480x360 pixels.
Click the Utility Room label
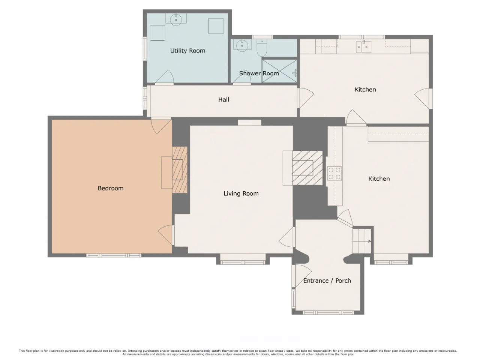click(x=187, y=51)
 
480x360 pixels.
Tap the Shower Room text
click(x=259, y=73)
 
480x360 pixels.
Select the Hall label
click(x=223, y=100)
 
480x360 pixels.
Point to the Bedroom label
click(x=110, y=188)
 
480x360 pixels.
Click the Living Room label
click(x=241, y=193)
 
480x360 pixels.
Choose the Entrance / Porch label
click(x=327, y=280)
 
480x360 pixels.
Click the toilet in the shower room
click(x=262, y=48)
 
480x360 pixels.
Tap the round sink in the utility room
click(x=176, y=19)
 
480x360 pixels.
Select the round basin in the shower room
click(x=242, y=45)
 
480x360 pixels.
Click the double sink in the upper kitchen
click(x=363, y=47)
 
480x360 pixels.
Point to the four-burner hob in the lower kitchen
click(x=334, y=173)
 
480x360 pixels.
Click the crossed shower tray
click(x=279, y=71)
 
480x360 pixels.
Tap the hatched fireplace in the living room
click(x=307, y=168)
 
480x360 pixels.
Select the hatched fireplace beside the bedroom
click(x=180, y=169)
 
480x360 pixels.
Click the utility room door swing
click(x=165, y=77)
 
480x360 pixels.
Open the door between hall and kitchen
click(x=306, y=98)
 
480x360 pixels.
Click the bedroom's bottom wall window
click(x=114, y=255)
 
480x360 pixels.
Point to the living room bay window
click(x=243, y=262)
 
